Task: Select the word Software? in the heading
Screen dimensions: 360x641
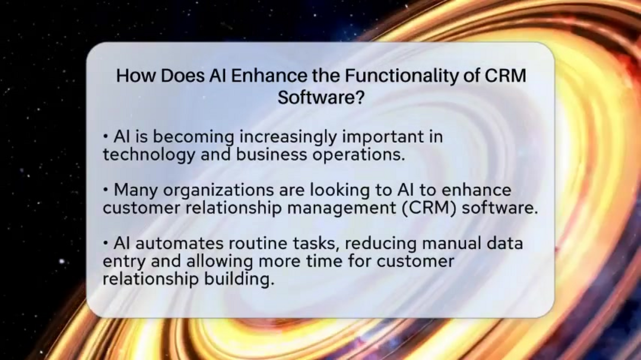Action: coord(320,98)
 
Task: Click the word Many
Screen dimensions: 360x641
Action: coord(136,190)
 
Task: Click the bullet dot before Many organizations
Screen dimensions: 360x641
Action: coord(106,191)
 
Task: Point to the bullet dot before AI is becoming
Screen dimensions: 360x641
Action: coord(106,138)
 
